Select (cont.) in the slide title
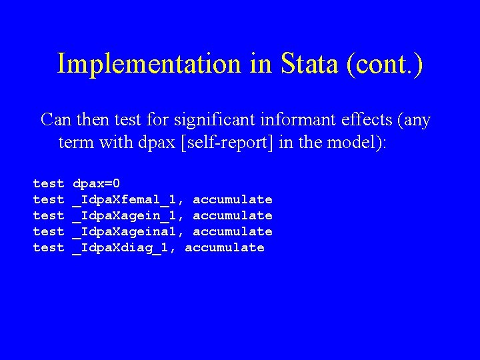[385, 64]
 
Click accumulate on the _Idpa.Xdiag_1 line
[225, 247]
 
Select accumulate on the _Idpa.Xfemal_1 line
[233, 199]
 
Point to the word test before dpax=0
[49, 183]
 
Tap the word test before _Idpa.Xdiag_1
[49, 247]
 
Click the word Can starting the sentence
[55, 121]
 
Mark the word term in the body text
[75, 143]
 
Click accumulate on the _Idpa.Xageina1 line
[233, 231]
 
